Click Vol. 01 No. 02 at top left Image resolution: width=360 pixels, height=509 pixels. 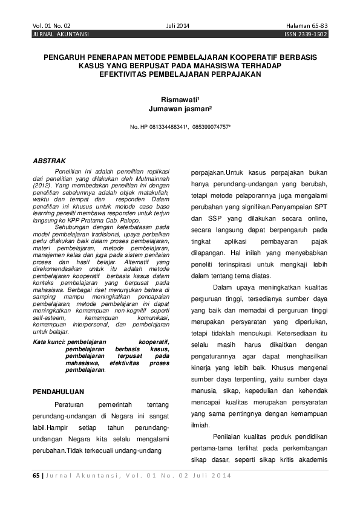(52, 26)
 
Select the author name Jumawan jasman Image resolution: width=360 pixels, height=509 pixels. (180, 109)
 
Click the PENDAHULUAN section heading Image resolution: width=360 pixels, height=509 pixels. (59, 392)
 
